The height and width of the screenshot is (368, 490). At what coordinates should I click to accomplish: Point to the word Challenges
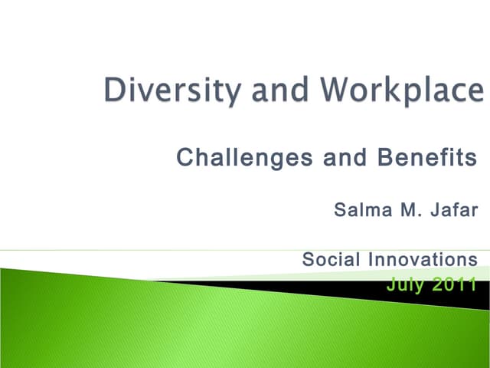244,159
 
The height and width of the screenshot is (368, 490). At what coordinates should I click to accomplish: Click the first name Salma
362,209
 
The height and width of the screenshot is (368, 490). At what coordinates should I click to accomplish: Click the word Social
331,259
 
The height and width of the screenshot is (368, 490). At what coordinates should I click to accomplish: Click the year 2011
456,284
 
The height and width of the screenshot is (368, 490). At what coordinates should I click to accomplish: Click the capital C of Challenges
185,159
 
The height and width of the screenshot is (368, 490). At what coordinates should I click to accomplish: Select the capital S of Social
308,259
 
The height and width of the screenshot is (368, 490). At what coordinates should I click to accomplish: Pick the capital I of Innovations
370,259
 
